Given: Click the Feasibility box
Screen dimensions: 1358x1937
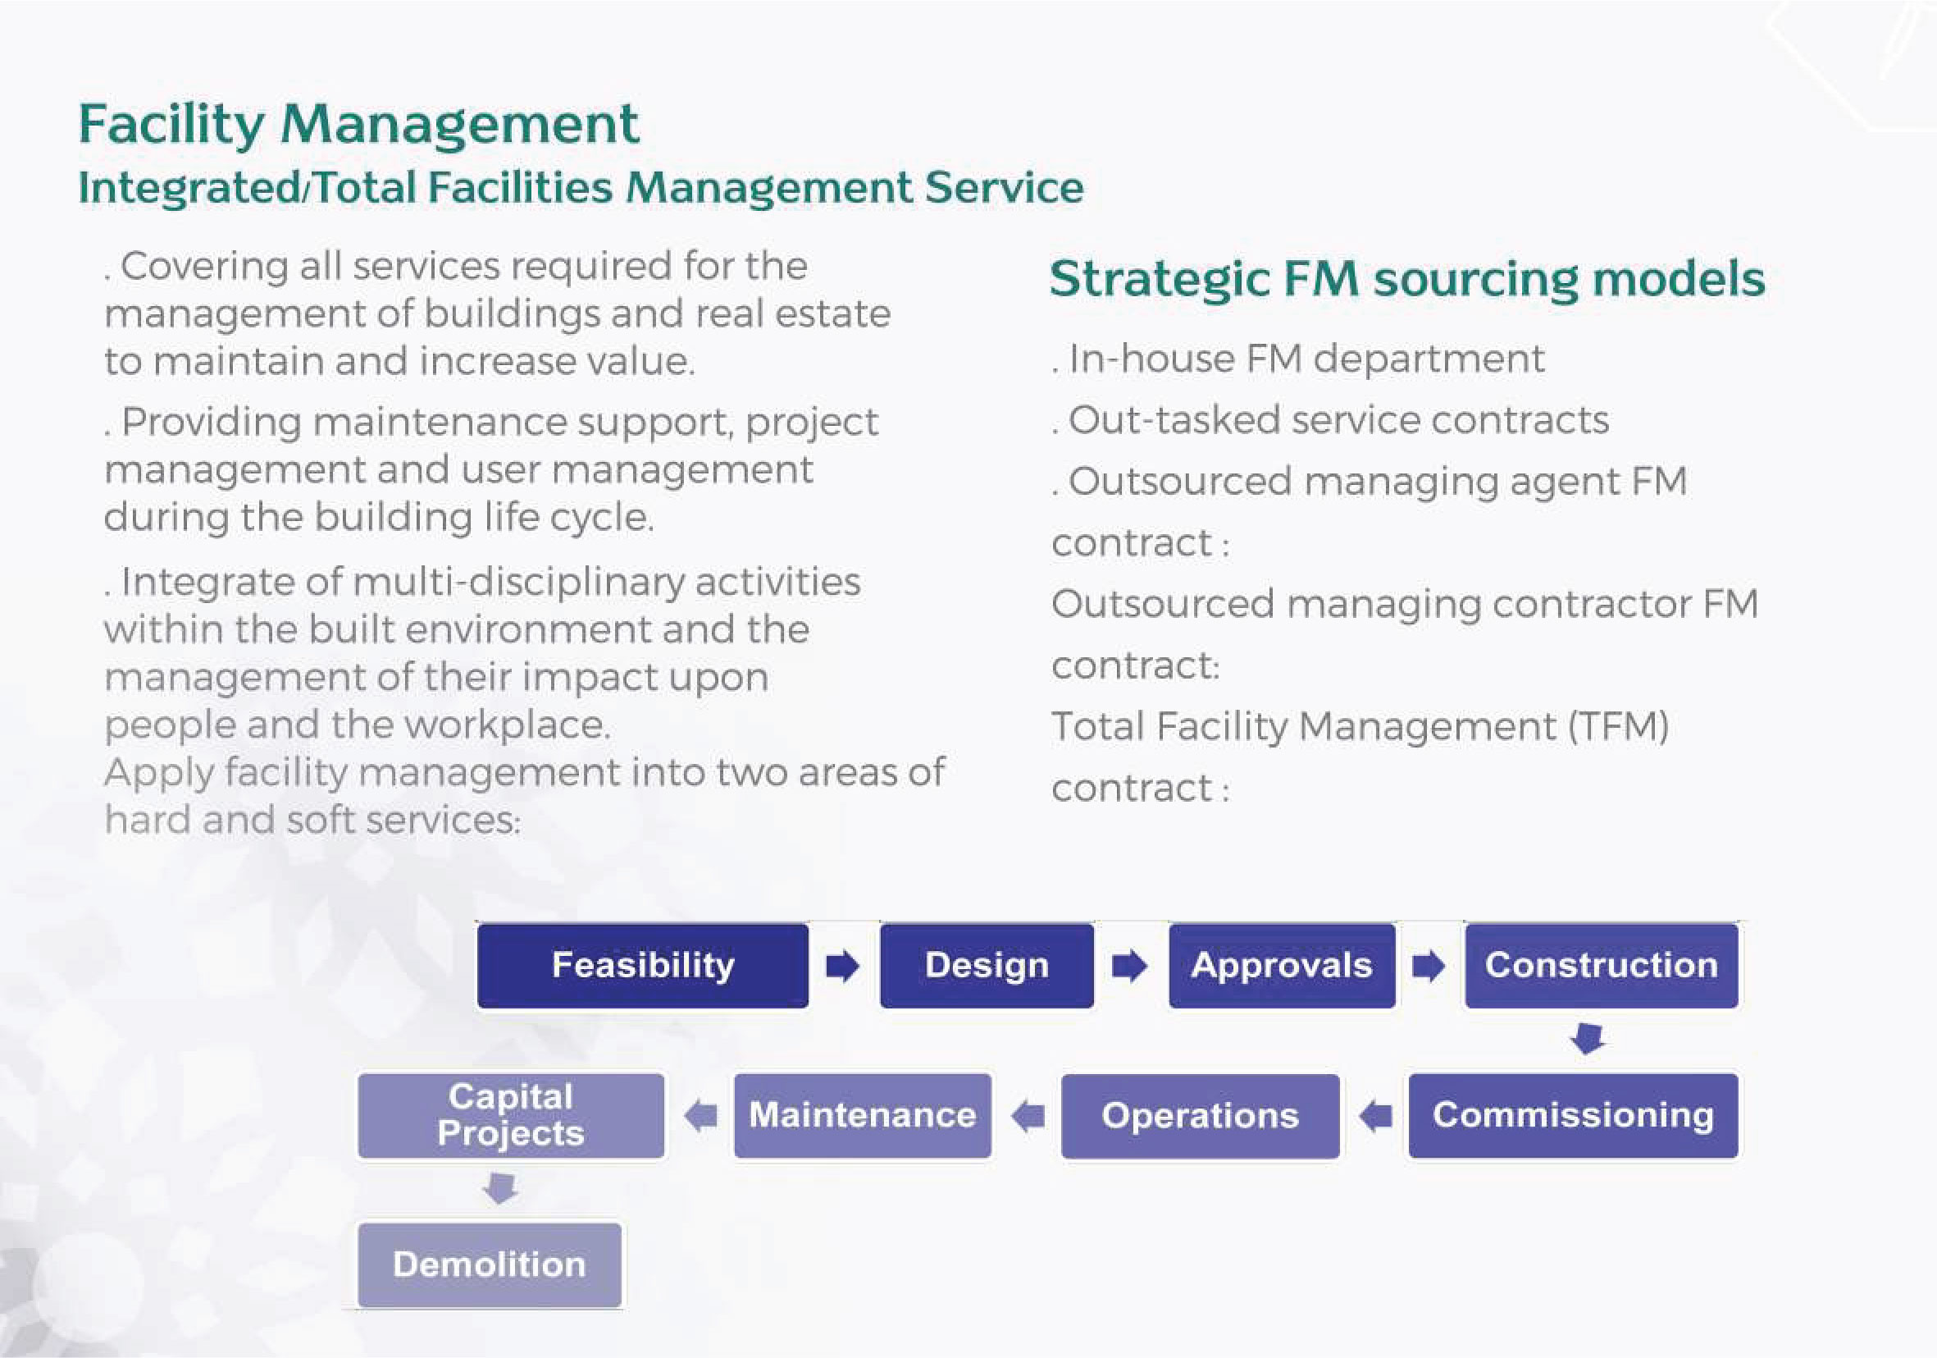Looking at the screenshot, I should (642, 965).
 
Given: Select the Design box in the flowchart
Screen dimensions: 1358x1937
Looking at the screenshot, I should (987, 965).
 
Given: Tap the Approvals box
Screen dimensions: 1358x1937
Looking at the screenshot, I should (1282, 965).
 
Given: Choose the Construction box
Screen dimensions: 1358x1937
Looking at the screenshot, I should (1602, 965).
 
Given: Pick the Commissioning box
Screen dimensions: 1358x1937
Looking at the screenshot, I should (1573, 1115).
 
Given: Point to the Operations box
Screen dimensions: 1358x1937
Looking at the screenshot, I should (1200, 1116).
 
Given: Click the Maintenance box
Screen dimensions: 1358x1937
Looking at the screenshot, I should (862, 1115).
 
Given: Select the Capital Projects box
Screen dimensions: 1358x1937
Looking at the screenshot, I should (510, 1115).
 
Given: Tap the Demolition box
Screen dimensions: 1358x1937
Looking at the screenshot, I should (490, 1264).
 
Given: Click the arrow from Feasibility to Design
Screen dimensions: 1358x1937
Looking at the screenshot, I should (843, 966).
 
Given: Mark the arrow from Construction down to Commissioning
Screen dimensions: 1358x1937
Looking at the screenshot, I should (1588, 1039).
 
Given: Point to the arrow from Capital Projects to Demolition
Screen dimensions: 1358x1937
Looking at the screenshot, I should (501, 1188).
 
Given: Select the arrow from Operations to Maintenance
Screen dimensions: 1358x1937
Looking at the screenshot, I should (1028, 1116).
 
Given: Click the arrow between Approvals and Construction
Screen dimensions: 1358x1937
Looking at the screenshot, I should (1429, 966).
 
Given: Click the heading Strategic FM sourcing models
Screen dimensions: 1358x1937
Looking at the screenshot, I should (1406, 279).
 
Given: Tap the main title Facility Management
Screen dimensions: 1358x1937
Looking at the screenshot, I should (358, 124).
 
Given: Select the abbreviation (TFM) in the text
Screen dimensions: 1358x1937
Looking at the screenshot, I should (1617, 727).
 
